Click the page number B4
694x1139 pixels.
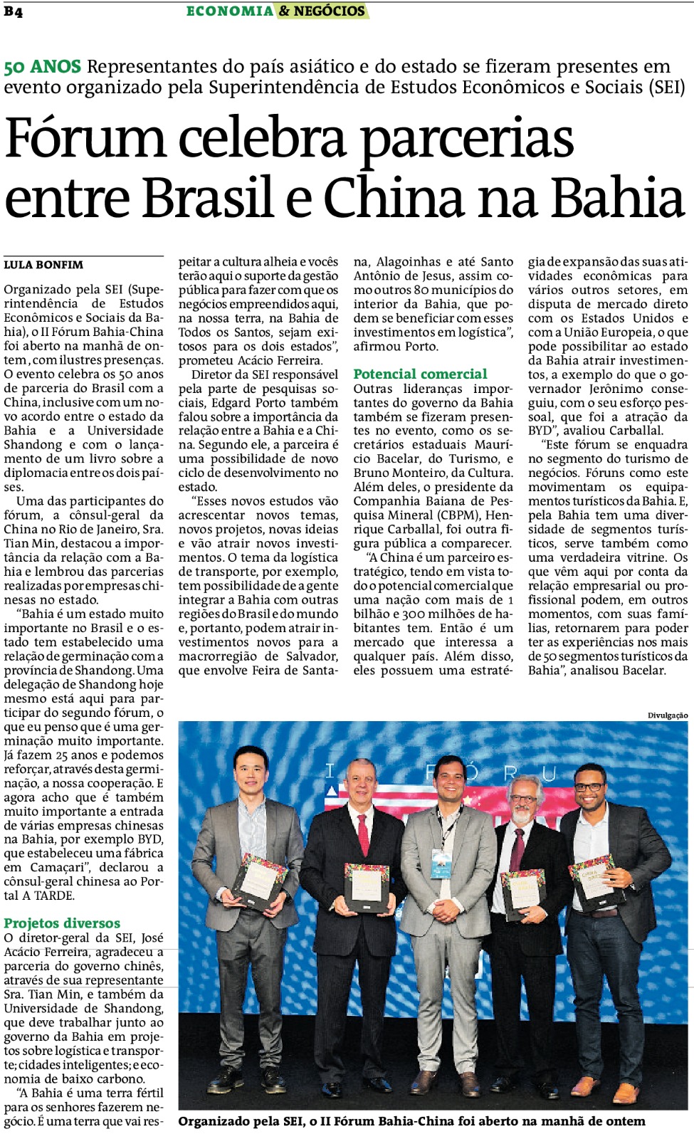tap(13, 11)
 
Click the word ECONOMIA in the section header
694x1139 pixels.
tap(229, 11)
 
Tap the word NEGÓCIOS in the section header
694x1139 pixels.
tap(329, 11)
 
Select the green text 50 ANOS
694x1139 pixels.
tap(42, 67)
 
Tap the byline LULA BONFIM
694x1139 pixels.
tap(43, 265)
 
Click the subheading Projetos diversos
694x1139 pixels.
tap(62, 923)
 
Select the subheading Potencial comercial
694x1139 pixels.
tap(420, 374)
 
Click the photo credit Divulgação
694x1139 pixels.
tap(668, 715)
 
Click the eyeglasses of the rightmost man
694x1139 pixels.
tap(589, 787)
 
